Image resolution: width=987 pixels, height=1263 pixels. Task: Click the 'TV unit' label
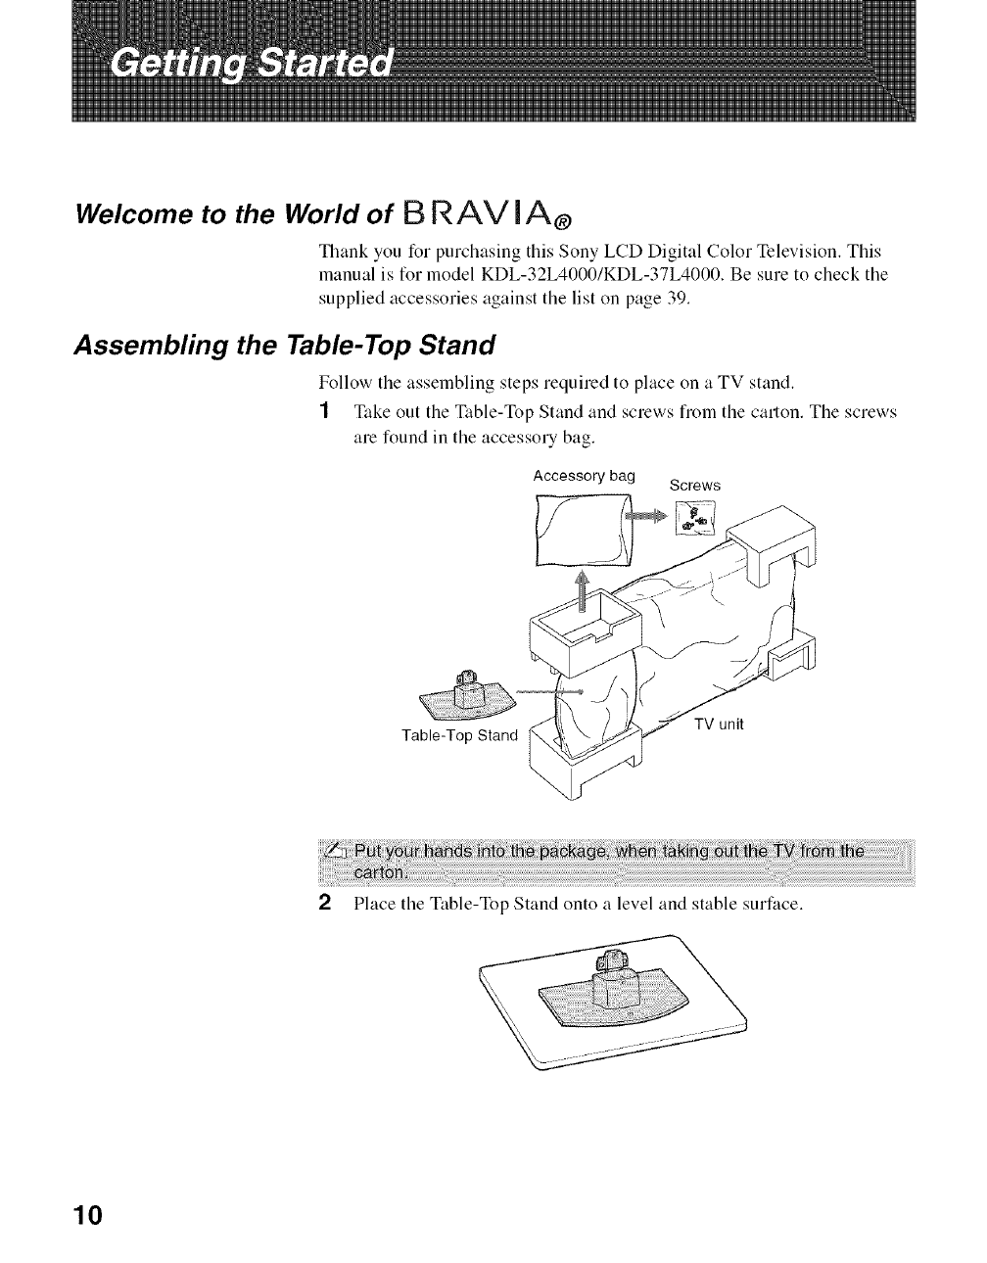point(720,725)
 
